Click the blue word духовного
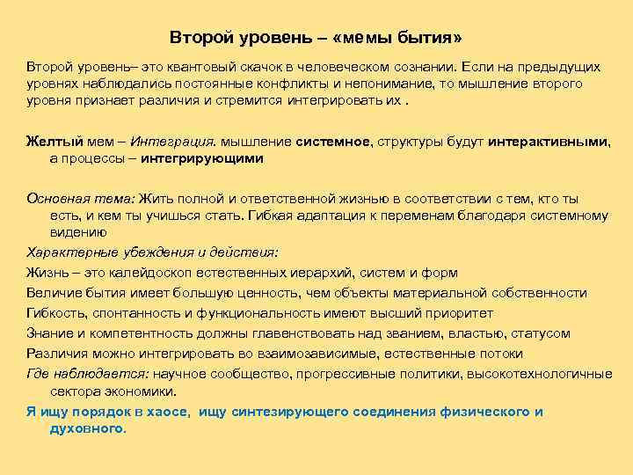pyautogui.click(x=87, y=428)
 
